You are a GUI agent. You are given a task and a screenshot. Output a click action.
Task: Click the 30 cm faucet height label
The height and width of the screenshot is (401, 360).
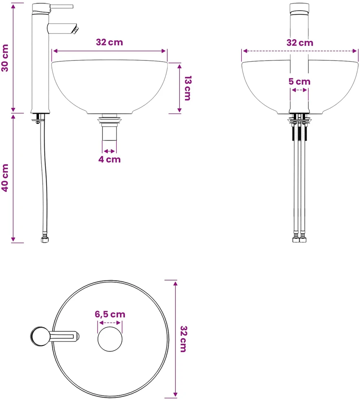point(5,58)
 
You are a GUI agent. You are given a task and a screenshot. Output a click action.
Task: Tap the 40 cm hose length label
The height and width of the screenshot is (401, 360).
point(5,178)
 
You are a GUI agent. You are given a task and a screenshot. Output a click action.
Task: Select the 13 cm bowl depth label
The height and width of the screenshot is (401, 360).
point(188,88)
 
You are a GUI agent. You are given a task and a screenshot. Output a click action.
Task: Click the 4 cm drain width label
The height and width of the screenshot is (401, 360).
point(109,159)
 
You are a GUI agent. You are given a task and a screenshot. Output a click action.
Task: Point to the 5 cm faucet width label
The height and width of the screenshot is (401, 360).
point(300,82)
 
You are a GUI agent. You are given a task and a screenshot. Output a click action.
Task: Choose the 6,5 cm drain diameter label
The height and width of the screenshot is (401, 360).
point(110,314)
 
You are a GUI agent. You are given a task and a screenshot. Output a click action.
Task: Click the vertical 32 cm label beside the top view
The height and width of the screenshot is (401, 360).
point(184,339)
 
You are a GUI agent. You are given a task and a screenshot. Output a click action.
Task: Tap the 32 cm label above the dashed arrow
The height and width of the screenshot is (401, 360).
point(300,43)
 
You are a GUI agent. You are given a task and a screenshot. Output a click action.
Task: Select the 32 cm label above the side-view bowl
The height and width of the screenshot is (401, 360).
point(109,42)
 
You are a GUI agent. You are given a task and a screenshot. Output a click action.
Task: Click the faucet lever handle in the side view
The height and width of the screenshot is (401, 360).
point(62,7)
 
